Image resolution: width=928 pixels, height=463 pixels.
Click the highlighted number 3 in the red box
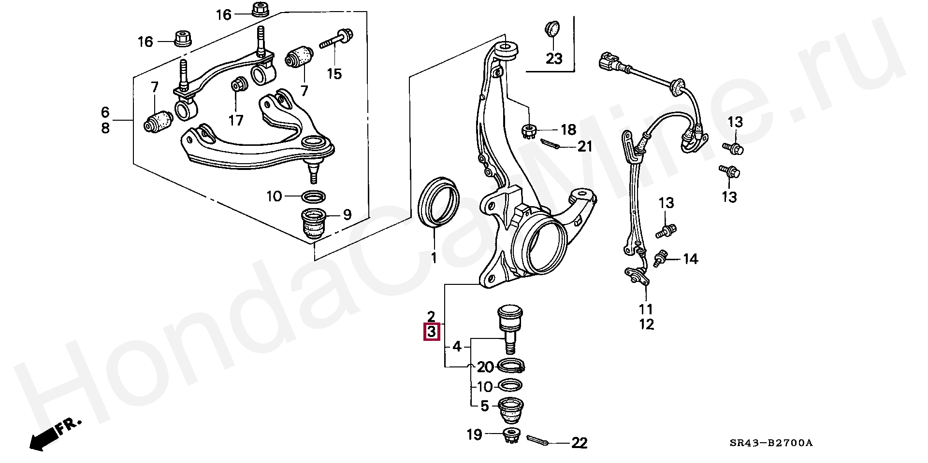pos(431,333)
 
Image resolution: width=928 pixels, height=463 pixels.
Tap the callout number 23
pos(554,59)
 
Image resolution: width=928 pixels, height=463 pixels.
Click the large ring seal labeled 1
pos(438,202)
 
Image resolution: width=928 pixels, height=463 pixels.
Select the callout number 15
pos(334,74)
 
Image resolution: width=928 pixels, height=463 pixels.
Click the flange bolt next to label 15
pos(336,39)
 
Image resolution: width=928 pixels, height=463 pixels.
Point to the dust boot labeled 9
pos(314,223)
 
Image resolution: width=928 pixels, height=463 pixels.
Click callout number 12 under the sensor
pos(646,324)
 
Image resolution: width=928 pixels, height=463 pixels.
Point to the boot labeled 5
pos(511,408)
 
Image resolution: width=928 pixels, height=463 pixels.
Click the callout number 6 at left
pos(105,112)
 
